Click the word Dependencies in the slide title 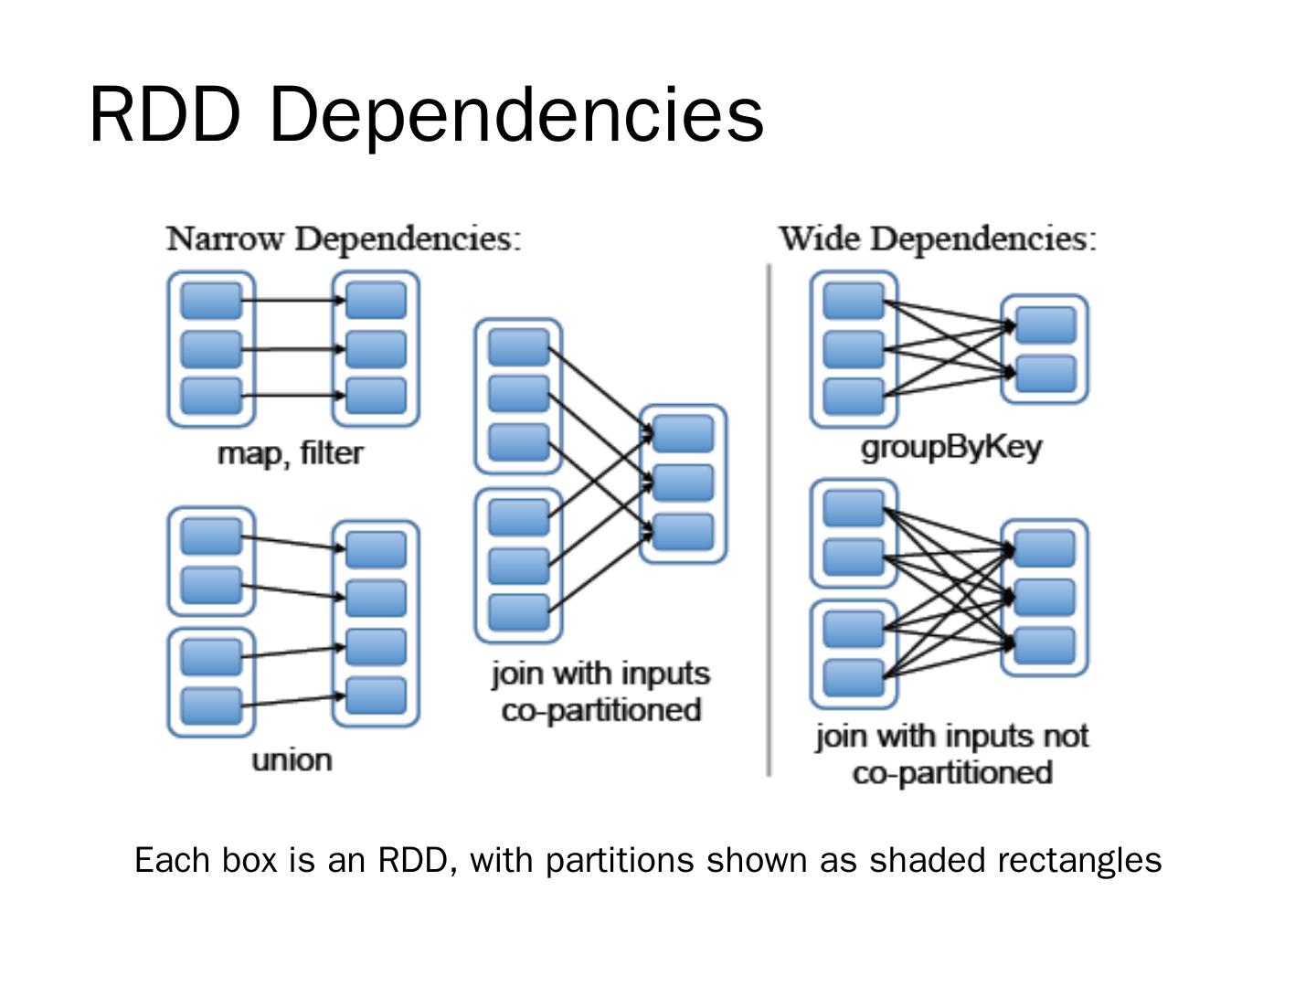point(516,114)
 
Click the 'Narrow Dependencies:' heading point(344,239)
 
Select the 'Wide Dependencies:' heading point(937,239)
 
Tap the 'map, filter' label point(291,453)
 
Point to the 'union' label point(292,760)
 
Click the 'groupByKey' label point(951,448)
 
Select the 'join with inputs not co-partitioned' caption point(951,754)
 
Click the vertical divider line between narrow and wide point(769,521)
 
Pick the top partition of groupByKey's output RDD point(1045,325)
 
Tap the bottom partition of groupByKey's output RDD point(1045,374)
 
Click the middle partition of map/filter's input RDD point(211,348)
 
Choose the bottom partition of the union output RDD point(376,695)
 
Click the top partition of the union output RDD point(376,549)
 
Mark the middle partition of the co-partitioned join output point(684,483)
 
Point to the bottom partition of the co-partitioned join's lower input point(518,612)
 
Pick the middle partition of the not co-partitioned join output point(1045,598)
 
